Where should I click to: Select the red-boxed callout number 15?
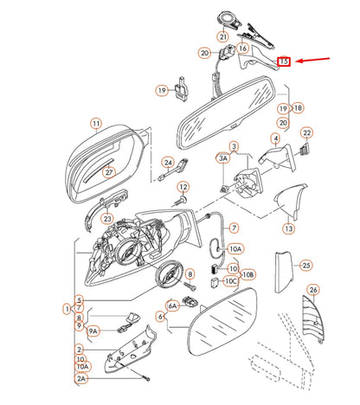pyautogui.click(x=283, y=62)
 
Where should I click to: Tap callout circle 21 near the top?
pyautogui.click(x=222, y=36)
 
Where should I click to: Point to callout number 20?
pyautogui.click(x=204, y=53)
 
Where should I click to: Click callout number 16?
pyautogui.click(x=243, y=49)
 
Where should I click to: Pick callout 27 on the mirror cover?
pyautogui.click(x=109, y=172)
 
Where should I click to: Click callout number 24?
pyautogui.click(x=168, y=162)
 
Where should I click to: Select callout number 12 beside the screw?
pyautogui.click(x=183, y=187)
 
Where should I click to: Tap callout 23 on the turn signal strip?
pyautogui.click(x=106, y=220)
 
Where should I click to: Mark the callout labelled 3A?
pyautogui.click(x=222, y=159)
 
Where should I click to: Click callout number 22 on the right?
pyautogui.click(x=306, y=132)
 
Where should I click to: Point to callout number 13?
pyautogui.click(x=288, y=228)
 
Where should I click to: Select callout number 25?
pyautogui.click(x=305, y=266)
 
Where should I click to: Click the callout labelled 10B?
pyautogui.click(x=248, y=273)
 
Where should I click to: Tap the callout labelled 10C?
pyautogui.click(x=231, y=280)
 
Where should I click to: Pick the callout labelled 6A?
pyautogui.click(x=172, y=305)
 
